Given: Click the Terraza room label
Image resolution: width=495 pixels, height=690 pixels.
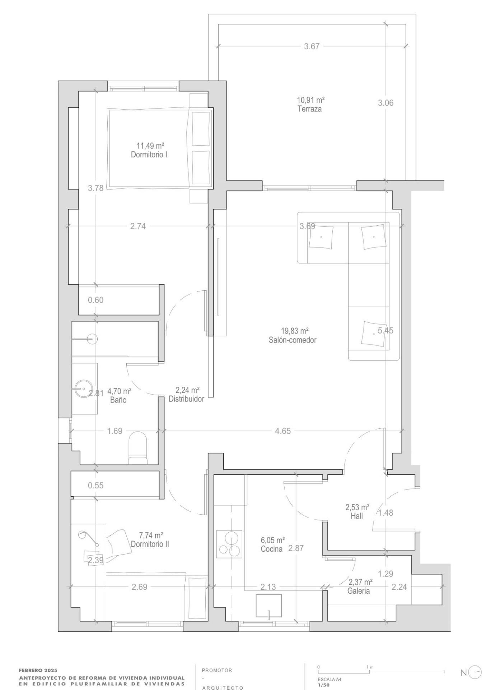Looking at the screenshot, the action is (309, 109).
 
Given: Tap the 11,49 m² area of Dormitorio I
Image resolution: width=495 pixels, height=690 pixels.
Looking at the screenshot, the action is (150, 146).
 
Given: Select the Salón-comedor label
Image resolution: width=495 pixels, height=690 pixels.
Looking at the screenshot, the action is (293, 340).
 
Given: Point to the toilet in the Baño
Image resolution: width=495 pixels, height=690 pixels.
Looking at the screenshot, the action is (137, 447).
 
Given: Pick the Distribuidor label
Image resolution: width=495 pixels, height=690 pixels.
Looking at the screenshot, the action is (186, 399).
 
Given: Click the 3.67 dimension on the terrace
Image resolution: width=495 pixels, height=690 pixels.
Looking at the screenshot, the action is (312, 46).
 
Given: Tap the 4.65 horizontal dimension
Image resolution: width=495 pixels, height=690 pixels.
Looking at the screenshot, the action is (283, 431).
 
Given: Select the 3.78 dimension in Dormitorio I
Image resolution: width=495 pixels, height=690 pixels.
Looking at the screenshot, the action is (95, 188).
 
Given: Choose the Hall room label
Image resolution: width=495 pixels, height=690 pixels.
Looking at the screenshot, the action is (357, 516).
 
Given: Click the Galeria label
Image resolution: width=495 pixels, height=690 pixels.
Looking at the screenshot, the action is (359, 591).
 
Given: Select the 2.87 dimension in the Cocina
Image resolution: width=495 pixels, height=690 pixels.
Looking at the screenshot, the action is (296, 548).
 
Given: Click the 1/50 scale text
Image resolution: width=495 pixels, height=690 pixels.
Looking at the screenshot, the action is (323, 685).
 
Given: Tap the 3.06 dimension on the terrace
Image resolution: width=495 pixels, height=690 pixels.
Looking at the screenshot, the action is (386, 103).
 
